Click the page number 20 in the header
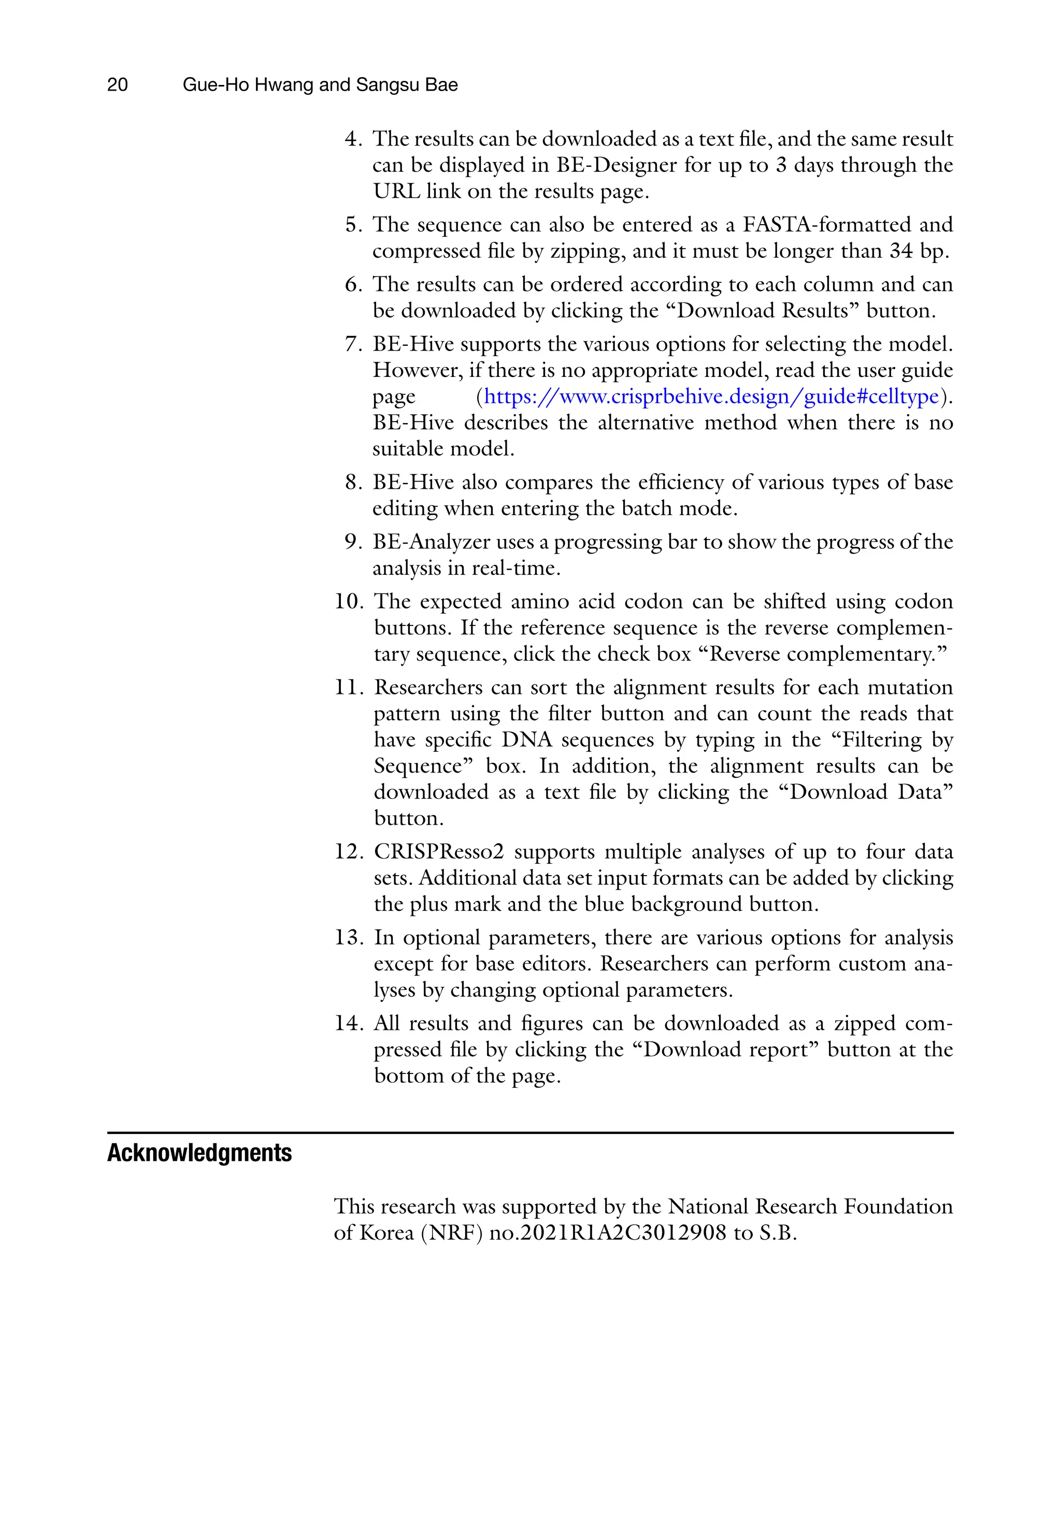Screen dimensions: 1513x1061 click(x=118, y=85)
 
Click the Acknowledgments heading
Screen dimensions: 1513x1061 click(x=199, y=1153)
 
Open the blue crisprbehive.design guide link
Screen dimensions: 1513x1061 click(x=711, y=397)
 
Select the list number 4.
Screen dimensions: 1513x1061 click(x=353, y=139)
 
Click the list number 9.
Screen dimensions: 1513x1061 click(x=353, y=542)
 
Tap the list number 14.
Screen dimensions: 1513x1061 click(x=348, y=1023)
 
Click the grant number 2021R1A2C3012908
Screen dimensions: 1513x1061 click(x=623, y=1233)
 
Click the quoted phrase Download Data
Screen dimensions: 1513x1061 click(x=871, y=792)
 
